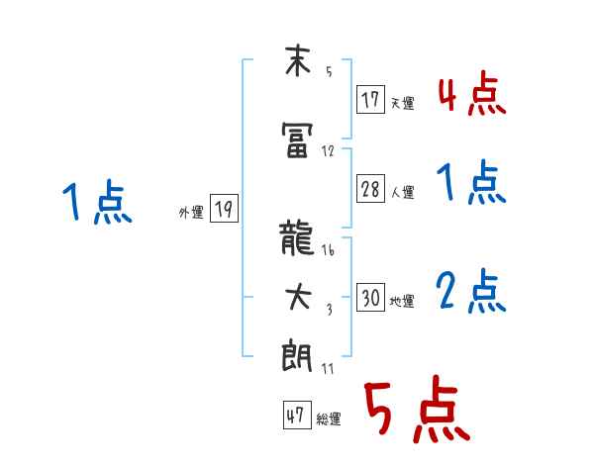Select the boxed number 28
pyautogui.click(x=371, y=189)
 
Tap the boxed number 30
pyautogui.click(x=371, y=299)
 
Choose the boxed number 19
pyautogui.click(x=224, y=209)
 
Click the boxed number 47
pyautogui.click(x=296, y=416)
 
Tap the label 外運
pyautogui.click(x=191, y=211)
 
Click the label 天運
pyautogui.click(x=402, y=101)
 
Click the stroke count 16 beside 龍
pyautogui.click(x=328, y=251)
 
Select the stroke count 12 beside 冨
pyautogui.click(x=328, y=152)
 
